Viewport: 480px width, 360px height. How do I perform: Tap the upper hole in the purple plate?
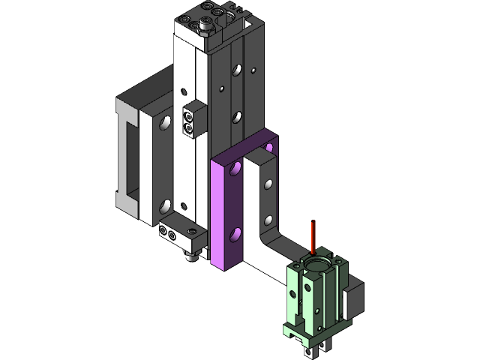pyautogui.click(x=236, y=170)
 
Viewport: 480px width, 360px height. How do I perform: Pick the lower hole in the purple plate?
pyautogui.click(x=236, y=235)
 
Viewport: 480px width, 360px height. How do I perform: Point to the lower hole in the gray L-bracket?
pyautogui.click(x=268, y=220)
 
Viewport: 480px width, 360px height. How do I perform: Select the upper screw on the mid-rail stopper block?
pyautogui.click(x=188, y=117)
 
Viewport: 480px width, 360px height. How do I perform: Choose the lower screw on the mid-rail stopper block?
pyautogui.click(x=188, y=129)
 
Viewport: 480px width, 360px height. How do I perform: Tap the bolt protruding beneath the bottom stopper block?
pyautogui.click(x=191, y=256)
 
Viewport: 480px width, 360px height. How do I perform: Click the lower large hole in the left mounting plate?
pyautogui.click(x=163, y=205)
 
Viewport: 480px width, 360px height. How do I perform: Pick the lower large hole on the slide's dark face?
pyautogui.click(x=237, y=116)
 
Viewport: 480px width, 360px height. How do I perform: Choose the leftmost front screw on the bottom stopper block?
pyautogui.click(x=162, y=233)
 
